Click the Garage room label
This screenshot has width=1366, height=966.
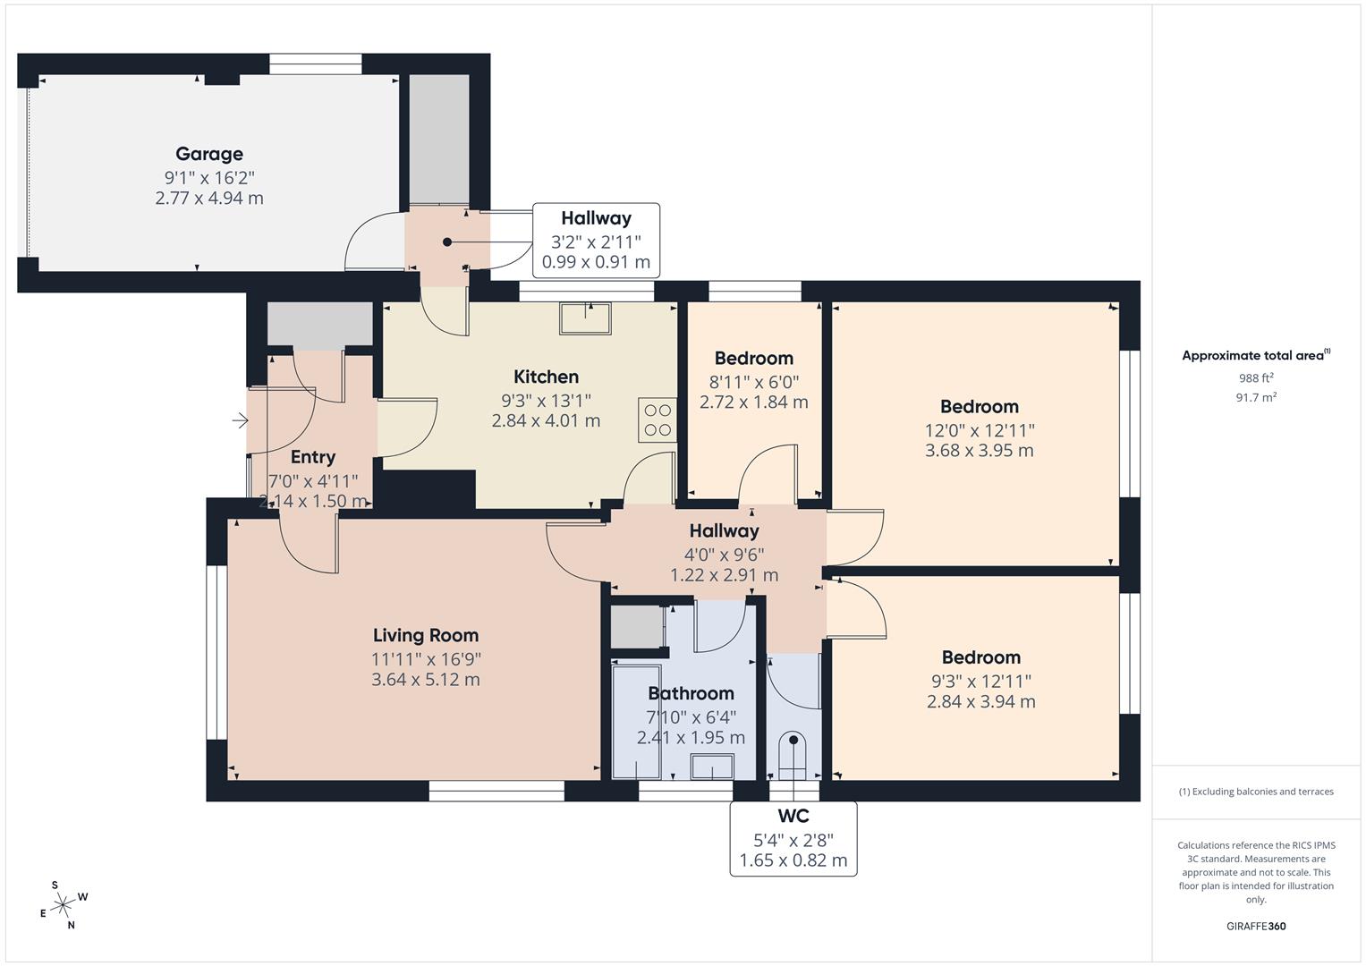click(208, 154)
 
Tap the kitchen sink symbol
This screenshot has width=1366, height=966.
click(586, 318)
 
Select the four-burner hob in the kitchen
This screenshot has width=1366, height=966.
click(657, 420)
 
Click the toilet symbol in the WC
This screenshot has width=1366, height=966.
click(793, 751)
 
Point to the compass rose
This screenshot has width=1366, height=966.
click(63, 905)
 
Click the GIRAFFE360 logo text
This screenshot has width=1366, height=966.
click(1256, 927)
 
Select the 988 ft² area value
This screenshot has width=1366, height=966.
click(1256, 377)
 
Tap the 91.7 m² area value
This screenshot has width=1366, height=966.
click(1256, 397)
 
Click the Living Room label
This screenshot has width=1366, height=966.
click(426, 635)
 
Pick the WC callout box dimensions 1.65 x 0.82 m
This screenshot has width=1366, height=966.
click(793, 860)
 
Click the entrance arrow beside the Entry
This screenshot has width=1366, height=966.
click(239, 419)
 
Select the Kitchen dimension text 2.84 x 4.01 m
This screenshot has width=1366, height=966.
click(546, 420)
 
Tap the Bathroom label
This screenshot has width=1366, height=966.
click(691, 693)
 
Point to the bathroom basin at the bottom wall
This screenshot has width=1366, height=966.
click(712, 767)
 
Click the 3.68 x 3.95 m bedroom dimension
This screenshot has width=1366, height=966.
click(979, 450)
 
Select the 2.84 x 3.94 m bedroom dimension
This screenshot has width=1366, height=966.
click(980, 701)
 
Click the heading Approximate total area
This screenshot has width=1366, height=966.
click(1254, 355)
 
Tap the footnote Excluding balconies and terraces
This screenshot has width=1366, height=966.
click(1256, 792)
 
